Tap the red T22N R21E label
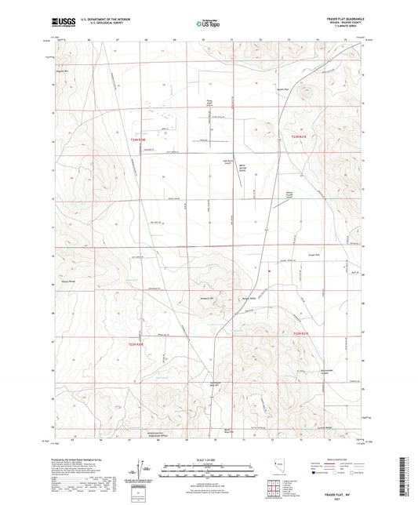[x=302, y=334]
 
